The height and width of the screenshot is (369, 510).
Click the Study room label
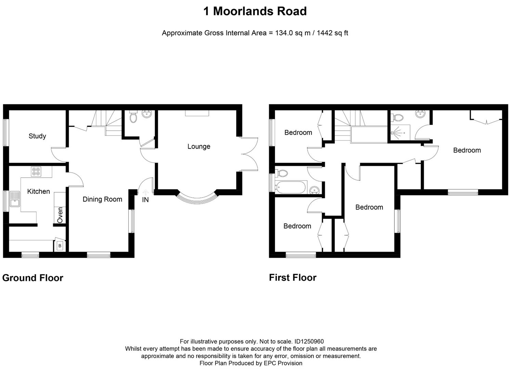click(37, 136)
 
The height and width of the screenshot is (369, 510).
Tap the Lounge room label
click(199, 146)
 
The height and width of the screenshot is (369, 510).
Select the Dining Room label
click(102, 199)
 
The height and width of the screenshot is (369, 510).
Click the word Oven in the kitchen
click(60, 215)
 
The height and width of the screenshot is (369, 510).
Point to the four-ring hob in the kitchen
click(36, 172)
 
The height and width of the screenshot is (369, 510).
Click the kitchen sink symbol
click(15, 199)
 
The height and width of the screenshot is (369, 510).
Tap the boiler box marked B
click(60, 246)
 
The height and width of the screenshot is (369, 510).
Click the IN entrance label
click(145, 200)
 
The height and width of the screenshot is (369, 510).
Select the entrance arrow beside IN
click(145, 193)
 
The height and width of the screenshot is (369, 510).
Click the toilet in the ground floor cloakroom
click(133, 118)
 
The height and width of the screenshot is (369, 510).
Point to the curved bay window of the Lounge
click(197, 198)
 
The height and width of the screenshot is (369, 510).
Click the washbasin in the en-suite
click(420, 114)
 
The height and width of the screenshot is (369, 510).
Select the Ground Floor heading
click(33, 278)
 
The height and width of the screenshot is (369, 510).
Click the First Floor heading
click(292, 277)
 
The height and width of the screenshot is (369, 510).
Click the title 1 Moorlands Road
click(255, 11)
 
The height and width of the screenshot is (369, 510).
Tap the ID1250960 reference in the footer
click(309, 341)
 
